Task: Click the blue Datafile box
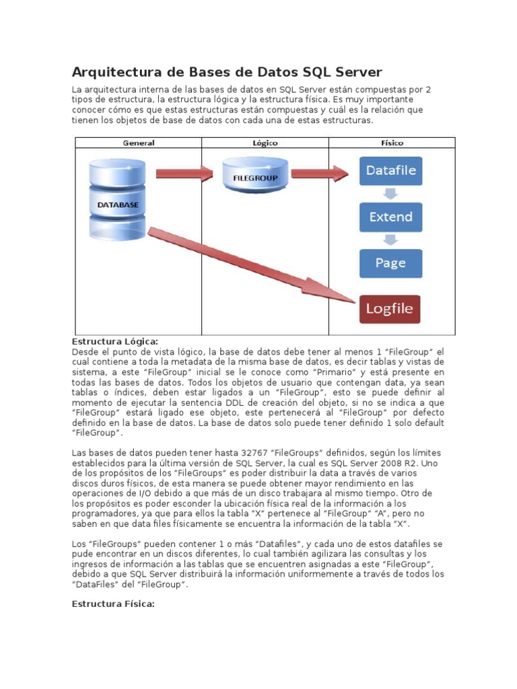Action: point(391,171)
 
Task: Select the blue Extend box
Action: point(391,217)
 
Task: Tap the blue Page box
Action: point(391,263)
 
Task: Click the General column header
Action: point(138,143)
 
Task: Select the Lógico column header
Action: point(265,143)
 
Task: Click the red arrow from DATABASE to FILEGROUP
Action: point(183,174)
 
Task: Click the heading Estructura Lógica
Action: point(114,342)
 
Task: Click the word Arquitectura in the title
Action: point(112,72)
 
